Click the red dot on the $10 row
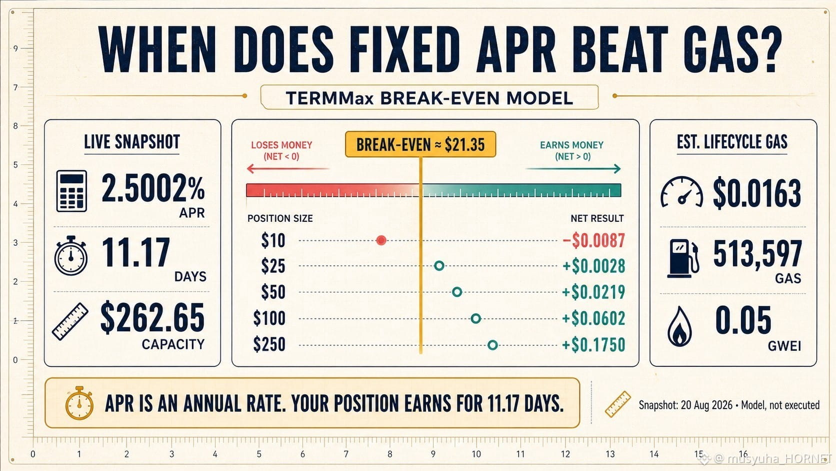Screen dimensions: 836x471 click(x=381, y=240)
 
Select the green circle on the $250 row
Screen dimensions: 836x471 click(x=492, y=345)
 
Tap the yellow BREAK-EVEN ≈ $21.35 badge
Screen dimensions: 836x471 click(x=420, y=144)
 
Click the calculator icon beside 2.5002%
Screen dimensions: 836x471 click(x=71, y=191)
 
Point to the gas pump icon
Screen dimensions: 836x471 click(x=683, y=258)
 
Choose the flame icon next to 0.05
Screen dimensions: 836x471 click(x=679, y=327)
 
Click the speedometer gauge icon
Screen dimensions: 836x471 click(x=682, y=192)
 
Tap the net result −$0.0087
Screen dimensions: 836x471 click(x=594, y=240)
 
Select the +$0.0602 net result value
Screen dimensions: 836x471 click(x=594, y=319)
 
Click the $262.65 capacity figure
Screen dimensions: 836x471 click(x=152, y=318)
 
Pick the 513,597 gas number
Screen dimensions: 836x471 click(x=757, y=254)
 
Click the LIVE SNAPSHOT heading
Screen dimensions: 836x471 click(x=131, y=142)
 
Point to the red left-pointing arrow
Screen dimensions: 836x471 click(x=287, y=169)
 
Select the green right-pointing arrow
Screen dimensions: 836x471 click(x=573, y=169)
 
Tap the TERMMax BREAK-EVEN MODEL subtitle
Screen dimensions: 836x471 click(x=429, y=98)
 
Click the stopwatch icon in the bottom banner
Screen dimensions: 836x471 click(x=79, y=403)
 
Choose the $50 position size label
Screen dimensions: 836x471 click(x=273, y=292)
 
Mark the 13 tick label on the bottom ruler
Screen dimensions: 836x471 click(x=610, y=454)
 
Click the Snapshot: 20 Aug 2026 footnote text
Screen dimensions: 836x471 click(x=685, y=405)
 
